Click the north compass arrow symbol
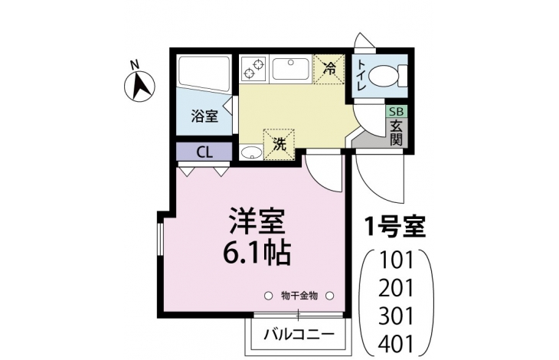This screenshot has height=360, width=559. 139,87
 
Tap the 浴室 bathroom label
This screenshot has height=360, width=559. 204,116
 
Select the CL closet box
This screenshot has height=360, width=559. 204,152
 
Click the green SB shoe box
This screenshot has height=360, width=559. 397,112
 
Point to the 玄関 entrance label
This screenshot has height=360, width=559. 396,133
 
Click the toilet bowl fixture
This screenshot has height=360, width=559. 387,76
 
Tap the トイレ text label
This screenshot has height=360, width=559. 361,76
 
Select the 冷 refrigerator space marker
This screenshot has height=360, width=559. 329,69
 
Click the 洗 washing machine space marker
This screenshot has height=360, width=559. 279,144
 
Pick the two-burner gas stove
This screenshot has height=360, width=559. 253,69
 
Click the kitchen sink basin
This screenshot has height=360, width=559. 290,70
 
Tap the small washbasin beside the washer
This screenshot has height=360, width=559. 251,153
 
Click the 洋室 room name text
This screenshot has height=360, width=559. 257,221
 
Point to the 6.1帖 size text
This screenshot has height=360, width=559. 256,253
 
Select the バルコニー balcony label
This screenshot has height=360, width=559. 299,335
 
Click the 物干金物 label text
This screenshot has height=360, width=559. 299,296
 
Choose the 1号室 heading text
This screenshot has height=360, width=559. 395,227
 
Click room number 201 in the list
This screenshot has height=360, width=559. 396,288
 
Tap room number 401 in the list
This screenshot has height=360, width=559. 396,344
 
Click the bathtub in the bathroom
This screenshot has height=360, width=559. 204,74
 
